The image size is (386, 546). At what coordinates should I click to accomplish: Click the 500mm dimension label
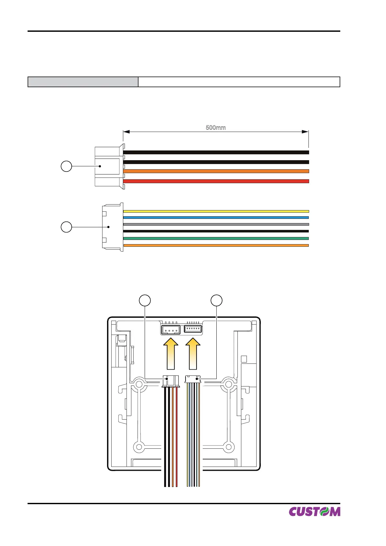pyautogui.click(x=216, y=127)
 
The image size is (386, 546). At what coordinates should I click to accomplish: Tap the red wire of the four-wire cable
pyautogui.click(x=216, y=181)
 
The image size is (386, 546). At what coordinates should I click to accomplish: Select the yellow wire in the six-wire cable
pyautogui.click(x=216, y=211)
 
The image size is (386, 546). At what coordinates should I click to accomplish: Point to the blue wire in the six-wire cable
pyautogui.click(x=216, y=218)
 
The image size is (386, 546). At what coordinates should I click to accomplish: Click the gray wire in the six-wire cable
pyautogui.click(x=216, y=224)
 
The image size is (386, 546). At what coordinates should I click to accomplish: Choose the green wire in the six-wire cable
pyautogui.click(x=216, y=238)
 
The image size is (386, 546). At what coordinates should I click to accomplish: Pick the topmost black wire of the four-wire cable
pyautogui.click(x=216, y=152)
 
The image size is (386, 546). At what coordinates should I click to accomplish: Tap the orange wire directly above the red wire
pyautogui.click(x=216, y=171)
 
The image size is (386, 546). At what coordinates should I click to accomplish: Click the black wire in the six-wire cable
pyautogui.click(x=216, y=231)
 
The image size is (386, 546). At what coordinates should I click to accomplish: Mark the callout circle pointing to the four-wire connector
pyautogui.click(x=66, y=166)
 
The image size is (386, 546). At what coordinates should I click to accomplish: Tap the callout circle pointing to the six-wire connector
pyautogui.click(x=66, y=227)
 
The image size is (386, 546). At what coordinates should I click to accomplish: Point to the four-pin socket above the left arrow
pyautogui.click(x=171, y=330)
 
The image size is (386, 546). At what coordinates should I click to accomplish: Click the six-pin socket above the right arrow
pyautogui.click(x=193, y=329)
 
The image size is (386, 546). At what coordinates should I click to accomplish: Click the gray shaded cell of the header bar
pyautogui.click(x=83, y=82)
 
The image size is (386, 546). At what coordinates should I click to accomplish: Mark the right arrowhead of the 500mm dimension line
pyautogui.click(x=305, y=132)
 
